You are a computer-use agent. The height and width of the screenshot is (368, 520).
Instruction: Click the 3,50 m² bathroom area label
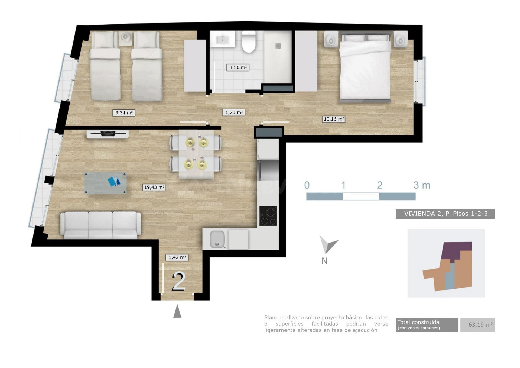click(238, 67)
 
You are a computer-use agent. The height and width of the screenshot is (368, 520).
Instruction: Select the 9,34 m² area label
click(124, 113)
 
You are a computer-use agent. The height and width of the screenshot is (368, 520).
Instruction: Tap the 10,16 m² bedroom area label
click(333, 119)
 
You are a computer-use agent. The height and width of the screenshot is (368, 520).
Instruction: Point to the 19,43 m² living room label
click(154, 187)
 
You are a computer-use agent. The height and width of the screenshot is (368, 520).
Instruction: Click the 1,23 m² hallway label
click(234, 112)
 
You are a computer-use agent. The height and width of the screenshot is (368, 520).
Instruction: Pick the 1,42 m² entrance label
click(177, 257)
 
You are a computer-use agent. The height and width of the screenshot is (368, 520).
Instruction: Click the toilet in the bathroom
click(249, 42)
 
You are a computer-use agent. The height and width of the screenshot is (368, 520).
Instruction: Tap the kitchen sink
click(217, 239)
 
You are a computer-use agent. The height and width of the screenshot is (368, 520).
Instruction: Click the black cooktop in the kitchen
click(268, 216)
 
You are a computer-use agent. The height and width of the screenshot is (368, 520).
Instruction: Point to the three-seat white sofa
click(100, 225)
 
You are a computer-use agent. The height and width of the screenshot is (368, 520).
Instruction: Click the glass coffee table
click(105, 183)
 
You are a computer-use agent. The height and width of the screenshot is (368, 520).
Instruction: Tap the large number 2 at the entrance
click(178, 282)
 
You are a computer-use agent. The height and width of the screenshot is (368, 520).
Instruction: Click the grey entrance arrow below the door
click(177, 311)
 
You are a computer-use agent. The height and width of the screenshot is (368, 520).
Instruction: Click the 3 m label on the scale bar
click(422, 185)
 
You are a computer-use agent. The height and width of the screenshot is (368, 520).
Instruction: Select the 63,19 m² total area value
click(480, 325)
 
